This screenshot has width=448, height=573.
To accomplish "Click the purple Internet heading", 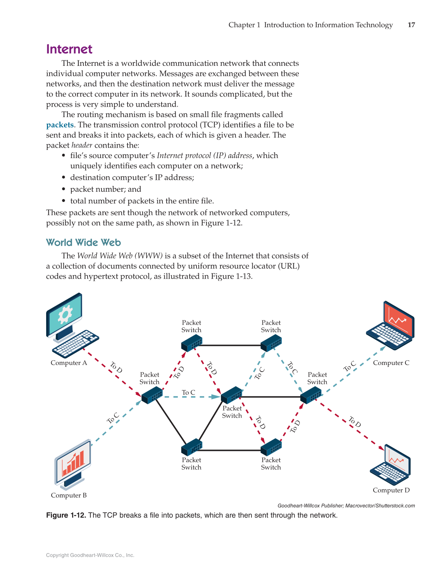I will point(69,49).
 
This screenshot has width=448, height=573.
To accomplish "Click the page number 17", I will point(411,25).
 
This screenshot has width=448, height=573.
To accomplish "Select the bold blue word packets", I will point(60,125).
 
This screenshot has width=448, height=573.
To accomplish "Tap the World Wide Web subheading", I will point(83,243).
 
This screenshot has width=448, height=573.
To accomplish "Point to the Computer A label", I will point(69,363).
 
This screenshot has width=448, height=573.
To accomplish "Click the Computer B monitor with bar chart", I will point(73,462).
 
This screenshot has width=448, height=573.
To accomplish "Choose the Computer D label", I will point(391,490).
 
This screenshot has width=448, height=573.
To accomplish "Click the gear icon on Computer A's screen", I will point(65,314).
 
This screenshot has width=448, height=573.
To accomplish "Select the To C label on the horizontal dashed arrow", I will point(188,392).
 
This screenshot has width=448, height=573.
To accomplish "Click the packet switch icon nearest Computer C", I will point(311,395).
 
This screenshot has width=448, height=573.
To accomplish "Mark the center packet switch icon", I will point(231,395).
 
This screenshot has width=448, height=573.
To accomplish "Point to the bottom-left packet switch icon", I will point(191,447).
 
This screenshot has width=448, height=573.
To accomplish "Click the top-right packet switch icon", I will point(271,343).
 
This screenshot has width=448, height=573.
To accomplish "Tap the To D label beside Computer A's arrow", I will point(116,367).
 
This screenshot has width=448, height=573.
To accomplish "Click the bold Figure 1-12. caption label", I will point(66,515).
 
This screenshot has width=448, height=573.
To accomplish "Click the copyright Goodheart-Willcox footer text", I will point(90,555).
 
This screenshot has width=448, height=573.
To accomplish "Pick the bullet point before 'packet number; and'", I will point(63,189).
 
